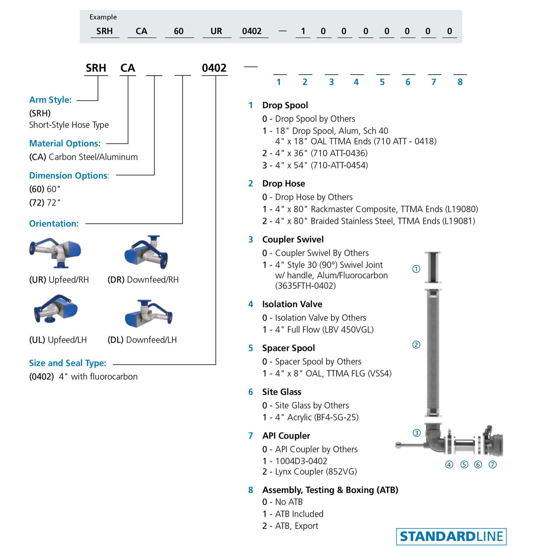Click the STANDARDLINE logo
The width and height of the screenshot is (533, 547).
click(x=451, y=536)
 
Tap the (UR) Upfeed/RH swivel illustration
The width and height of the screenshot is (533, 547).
click(x=55, y=253)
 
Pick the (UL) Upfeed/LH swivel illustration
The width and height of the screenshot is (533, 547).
click(x=55, y=310)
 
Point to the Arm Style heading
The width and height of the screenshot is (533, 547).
click(x=50, y=100)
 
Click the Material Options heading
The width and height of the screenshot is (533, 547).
click(x=65, y=144)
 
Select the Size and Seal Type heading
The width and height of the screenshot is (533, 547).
click(x=68, y=363)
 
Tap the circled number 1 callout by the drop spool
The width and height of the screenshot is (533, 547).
click(x=416, y=269)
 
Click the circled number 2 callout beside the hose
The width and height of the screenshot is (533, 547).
click(x=416, y=344)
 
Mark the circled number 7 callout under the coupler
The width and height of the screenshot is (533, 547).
click(x=493, y=465)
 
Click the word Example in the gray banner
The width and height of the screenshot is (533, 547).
click(x=103, y=17)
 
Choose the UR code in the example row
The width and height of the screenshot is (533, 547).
click(x=216, y=31)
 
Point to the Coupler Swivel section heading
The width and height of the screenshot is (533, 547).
click(x=293, y=240)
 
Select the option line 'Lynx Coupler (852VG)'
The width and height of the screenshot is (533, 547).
click(x=316, y=472)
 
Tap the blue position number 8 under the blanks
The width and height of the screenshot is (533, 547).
click(x=460, y=82)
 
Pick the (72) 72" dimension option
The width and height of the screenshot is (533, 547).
click(x=44, y=203)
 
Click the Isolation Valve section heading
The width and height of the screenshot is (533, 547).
click(x=292, y=304)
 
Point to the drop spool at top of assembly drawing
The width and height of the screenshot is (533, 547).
click(x=433, y=267)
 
